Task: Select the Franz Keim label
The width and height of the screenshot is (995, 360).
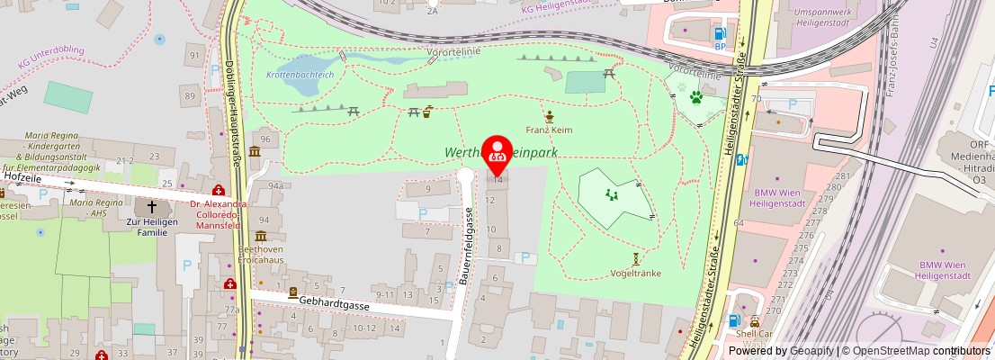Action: (549, 130)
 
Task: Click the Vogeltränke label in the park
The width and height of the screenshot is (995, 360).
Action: (635, 272)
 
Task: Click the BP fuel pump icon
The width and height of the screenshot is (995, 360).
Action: (720, 31)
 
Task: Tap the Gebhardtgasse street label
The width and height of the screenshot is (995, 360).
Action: (335, 304)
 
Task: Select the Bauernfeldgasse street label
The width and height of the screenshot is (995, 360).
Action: (468, 245)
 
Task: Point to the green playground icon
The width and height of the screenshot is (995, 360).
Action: (614, 193)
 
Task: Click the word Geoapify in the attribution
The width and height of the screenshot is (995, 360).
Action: (811, 350)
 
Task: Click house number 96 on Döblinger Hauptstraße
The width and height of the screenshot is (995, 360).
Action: (265, 139)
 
